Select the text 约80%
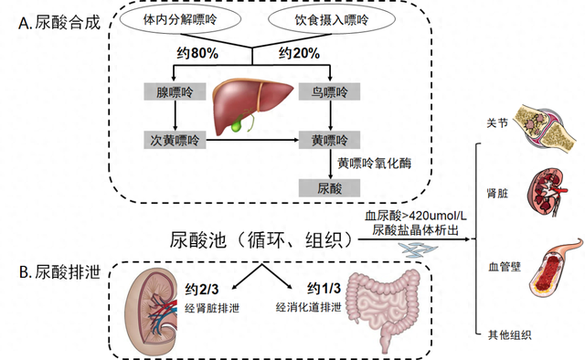tap(197, 53)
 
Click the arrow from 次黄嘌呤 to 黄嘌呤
tap(252, 141)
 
